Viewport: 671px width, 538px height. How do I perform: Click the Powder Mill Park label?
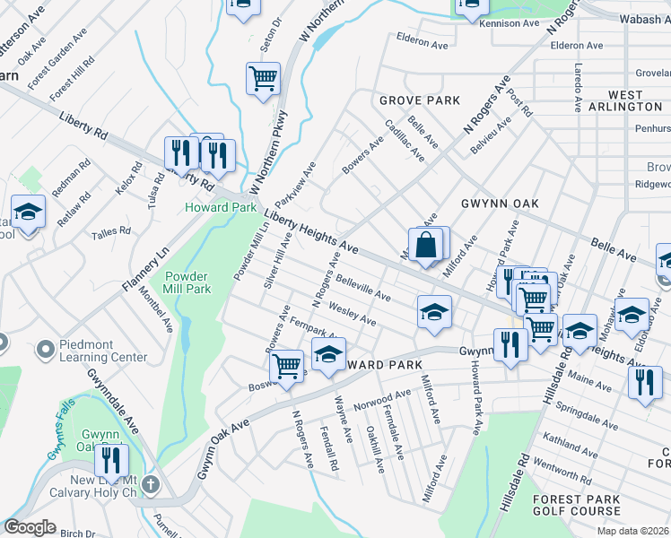tap(186, 283)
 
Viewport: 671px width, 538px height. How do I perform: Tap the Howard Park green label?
tap(208, 207)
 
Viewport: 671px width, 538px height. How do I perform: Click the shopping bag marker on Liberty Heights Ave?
tap(426, 245)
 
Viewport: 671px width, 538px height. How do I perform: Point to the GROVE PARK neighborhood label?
tap(419, 100)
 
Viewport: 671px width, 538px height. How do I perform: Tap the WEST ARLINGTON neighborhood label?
tap(624, 100)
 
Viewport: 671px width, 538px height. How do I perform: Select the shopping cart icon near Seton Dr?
tap(263, 79)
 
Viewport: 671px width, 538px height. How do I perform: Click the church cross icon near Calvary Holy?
tap(151, 485)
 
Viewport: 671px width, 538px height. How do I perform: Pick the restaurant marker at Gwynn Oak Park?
tap(111, 461)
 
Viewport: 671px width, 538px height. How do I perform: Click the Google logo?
tap(30, 527)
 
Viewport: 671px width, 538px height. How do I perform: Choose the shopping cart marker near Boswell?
tap(286, 366)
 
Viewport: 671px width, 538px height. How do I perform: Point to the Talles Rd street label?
tap(111, 233)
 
